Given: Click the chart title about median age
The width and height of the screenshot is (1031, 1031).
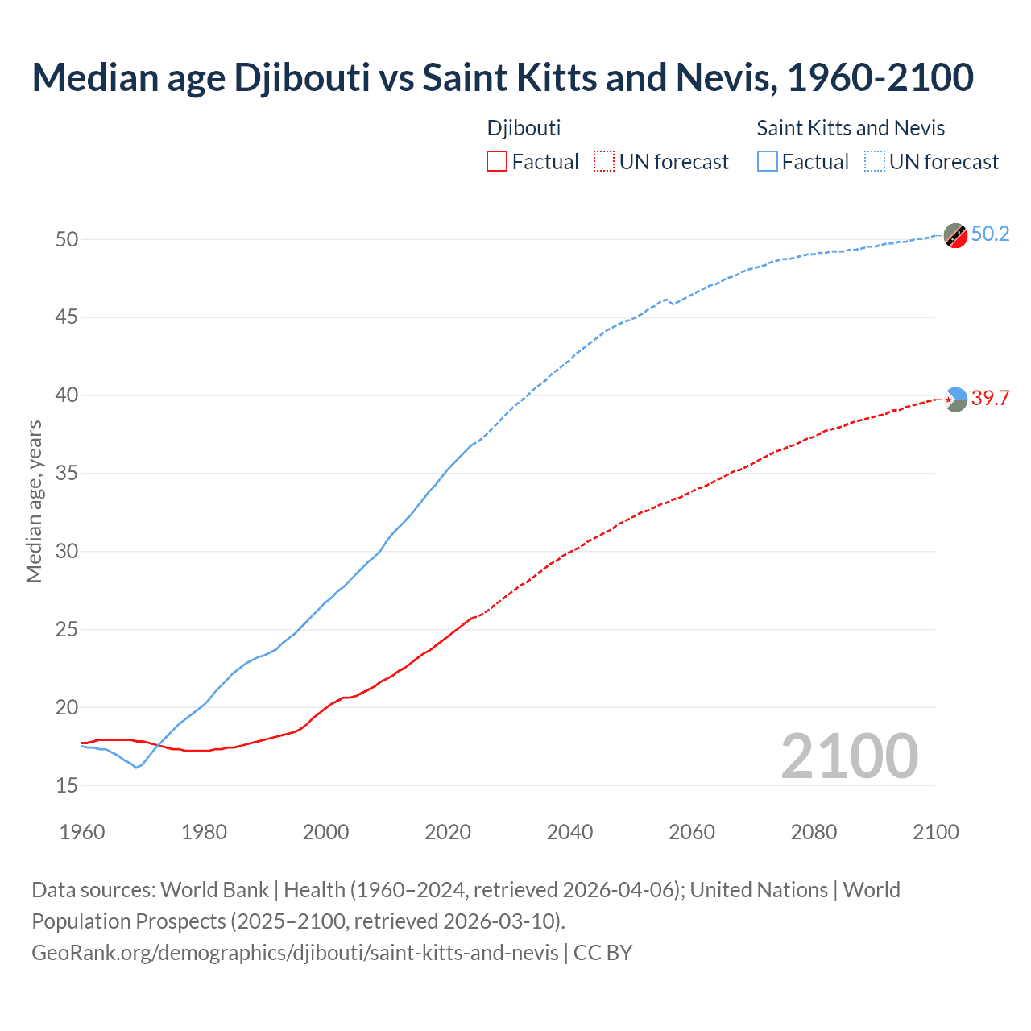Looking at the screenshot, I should (503, 77).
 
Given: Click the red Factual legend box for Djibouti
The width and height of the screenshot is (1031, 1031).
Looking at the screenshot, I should (497, 162).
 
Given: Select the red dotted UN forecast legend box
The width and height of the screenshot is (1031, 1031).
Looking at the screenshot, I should (604, 162).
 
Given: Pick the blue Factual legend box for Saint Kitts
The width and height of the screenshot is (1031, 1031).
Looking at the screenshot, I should (768, 162).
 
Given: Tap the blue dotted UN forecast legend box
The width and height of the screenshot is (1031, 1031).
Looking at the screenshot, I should (875, 162).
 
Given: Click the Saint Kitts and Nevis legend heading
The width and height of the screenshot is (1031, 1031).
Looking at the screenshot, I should (851, 128).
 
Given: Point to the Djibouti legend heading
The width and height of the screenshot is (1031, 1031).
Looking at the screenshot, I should (524, 128).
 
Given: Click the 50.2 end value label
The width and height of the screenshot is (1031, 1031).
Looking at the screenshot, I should (990, 234).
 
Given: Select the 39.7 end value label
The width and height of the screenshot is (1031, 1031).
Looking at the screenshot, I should (990, 398).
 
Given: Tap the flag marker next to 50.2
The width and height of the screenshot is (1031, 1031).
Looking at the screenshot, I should (955, 235).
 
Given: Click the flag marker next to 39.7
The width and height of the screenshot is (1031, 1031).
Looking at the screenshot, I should (955, 399).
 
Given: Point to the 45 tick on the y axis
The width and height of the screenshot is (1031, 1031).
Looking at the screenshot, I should (67, 317).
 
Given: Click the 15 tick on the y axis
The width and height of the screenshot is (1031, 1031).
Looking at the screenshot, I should (67, 785).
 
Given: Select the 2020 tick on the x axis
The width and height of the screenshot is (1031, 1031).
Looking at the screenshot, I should (448, 832).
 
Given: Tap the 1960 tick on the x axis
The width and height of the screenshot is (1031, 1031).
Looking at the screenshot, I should (82, 832).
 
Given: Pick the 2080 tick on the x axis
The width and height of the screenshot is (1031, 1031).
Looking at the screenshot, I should (814, 832).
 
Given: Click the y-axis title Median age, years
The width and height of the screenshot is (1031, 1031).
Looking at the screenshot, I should (34, 501).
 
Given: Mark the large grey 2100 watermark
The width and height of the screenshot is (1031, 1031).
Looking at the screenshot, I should (849, 756).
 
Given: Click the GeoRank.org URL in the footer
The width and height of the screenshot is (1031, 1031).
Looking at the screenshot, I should (295, 953).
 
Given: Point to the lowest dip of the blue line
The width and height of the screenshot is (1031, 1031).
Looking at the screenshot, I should (136, 768).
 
